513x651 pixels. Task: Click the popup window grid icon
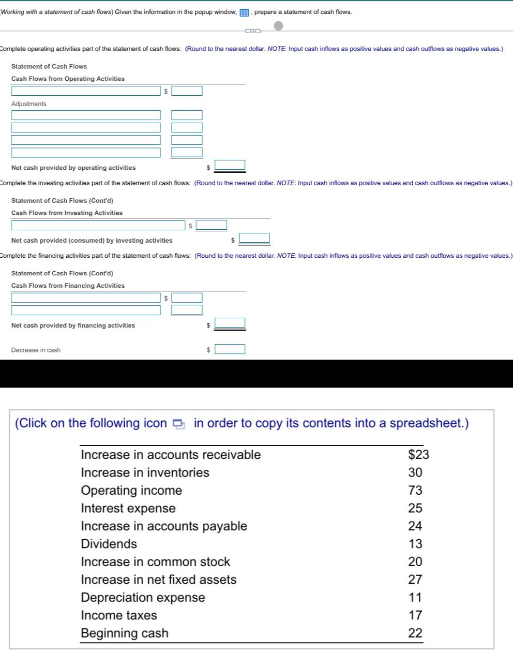(244, 12)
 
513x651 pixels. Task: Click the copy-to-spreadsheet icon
(178, 424)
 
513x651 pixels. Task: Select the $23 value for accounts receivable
(418, 455)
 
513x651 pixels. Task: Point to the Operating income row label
(131, 491)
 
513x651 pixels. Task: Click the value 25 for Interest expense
(415, 508)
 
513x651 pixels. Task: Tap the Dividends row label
(109, 544)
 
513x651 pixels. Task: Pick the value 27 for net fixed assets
(415, 580)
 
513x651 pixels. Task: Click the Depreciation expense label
(143, 598)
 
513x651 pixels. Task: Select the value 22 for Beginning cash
(415, 633)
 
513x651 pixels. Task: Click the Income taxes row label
(119, 615)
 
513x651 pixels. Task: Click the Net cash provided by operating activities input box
(230, 165)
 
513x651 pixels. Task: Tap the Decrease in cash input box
(230, 349)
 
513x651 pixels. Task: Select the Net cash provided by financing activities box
(230, 323)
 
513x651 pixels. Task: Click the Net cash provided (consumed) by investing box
(254, 238)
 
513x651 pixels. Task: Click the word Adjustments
(29, 104)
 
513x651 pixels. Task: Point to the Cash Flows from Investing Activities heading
(67, 213)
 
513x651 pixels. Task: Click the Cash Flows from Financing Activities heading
(68, 286)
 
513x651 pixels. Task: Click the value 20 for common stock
(415, 562)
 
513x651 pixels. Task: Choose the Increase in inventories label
(145, 473)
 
